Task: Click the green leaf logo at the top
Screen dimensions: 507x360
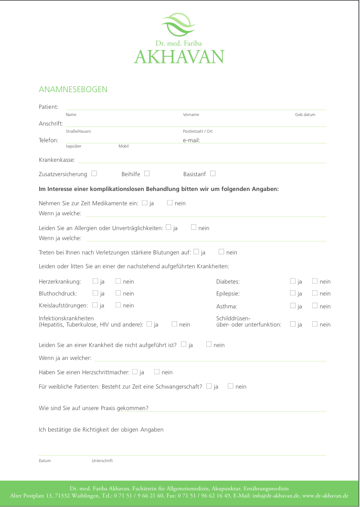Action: click(179, 25)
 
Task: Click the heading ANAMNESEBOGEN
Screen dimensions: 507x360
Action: click(73, 90)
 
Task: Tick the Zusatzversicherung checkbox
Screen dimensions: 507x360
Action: click(94, 173)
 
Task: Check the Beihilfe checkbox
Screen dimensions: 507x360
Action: click(147, 173)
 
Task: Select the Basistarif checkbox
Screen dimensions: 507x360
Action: click(212, 173)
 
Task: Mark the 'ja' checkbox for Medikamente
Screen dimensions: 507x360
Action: click(145, 203)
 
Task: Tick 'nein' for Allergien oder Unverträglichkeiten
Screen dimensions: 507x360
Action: click(193, 228)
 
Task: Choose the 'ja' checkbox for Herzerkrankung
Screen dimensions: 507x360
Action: click(95, 281)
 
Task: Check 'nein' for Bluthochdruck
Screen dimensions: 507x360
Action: click(118, 293)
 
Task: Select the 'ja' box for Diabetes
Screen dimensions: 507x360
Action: click(293, 281)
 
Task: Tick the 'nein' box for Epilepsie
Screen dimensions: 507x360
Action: click(315, 293)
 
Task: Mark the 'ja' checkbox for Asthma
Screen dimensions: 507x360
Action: click(293, 306)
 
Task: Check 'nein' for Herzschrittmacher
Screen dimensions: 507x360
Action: click(157, 371)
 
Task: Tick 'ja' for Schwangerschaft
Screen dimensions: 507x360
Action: click(209, 386)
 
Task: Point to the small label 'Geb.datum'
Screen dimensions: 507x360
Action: click(305, 115)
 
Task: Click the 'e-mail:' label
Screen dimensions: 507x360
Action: click(191, 140)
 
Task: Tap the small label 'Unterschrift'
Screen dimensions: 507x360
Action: click(102, 461)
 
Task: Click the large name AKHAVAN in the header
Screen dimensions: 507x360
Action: click(179, 57)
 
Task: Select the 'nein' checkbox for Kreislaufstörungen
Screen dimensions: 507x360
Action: click(118, 305)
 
